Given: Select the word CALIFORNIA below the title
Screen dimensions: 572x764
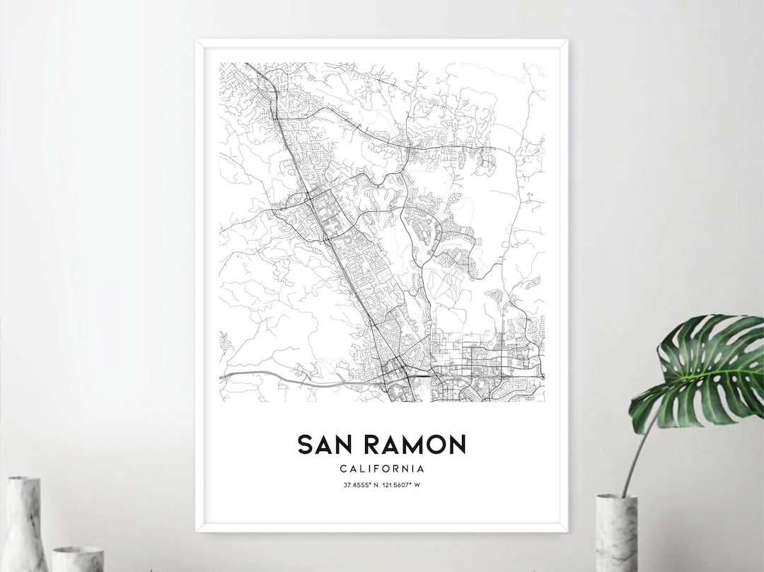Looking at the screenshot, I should [x=382, y=468].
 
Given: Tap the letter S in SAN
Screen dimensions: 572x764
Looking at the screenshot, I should [x=306, y=444].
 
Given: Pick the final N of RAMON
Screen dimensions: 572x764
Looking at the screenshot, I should [x=456, y=444].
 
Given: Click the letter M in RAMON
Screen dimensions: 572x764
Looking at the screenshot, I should [x=410, y=444].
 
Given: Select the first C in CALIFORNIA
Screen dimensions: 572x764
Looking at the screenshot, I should [x=342, y=468].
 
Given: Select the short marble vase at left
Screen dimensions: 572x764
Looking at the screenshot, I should [x=77, y=559].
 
